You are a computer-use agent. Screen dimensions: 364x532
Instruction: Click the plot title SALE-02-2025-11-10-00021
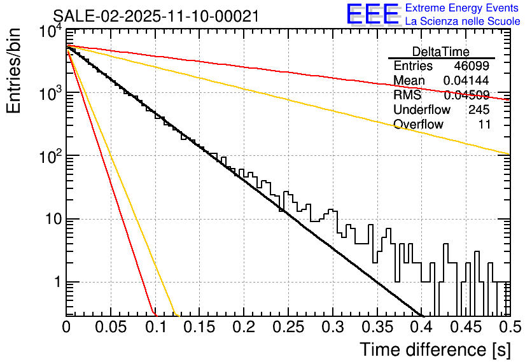click(156, 17)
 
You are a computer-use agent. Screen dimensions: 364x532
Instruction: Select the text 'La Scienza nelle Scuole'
click(463, 21)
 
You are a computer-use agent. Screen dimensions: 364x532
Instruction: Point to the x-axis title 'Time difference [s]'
click(434, 349)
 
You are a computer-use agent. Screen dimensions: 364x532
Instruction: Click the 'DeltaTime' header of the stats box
click(441, 52)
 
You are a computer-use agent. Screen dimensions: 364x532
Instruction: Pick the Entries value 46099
click(472, 66)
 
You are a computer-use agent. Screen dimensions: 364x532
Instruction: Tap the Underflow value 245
click(479, 109)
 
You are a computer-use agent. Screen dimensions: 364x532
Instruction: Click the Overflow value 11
click(484, 124)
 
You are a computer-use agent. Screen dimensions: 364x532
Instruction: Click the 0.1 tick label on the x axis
click(155, 327)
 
